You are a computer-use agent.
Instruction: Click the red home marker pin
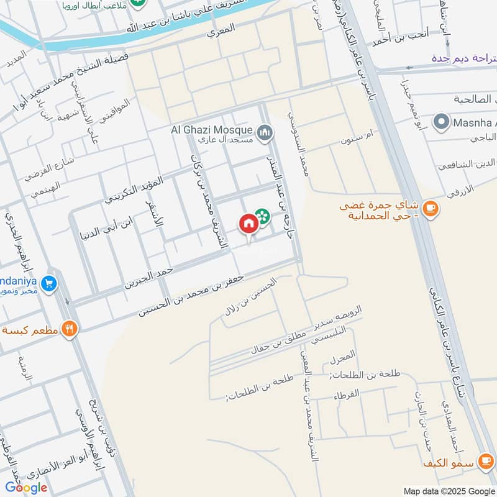(248, 224)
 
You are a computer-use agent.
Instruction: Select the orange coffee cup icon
(430, 209)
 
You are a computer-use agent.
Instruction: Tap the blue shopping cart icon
(50, 284)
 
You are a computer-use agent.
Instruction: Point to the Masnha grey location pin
(442, 122)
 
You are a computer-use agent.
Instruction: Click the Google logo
(27, 487)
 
